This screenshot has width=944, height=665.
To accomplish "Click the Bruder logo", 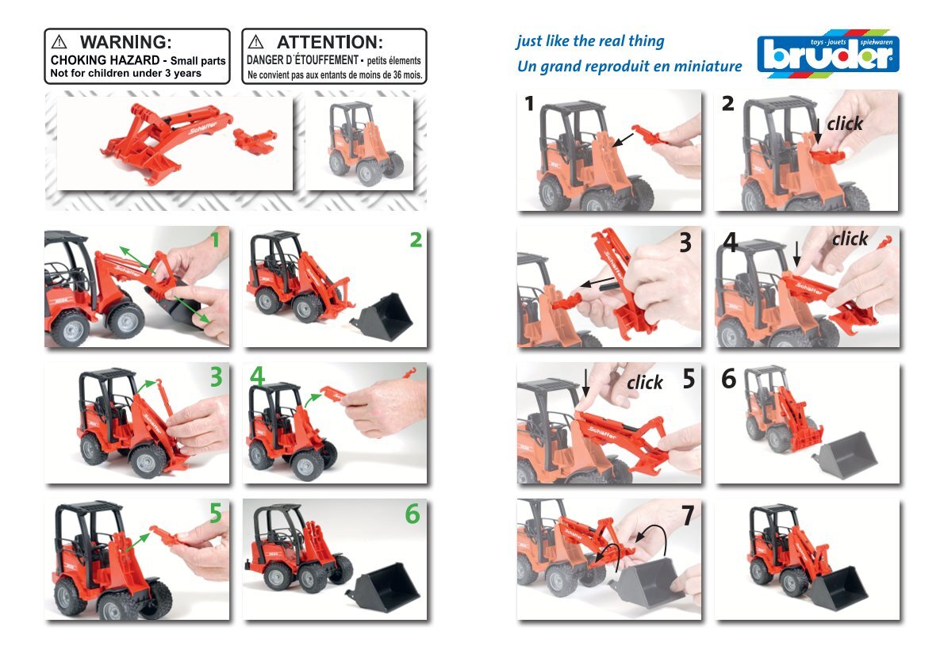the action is click(828, 54).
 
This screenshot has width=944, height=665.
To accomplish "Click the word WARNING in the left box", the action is click(125, 42).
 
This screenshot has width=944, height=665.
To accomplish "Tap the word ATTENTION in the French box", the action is click(329, 42).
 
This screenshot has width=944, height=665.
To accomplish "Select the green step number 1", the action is click(215, 240).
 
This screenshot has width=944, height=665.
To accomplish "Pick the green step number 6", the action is click(413, 514).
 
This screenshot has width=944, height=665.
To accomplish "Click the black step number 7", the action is click(688, 515).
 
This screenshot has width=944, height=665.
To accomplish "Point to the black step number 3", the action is click(685, 243).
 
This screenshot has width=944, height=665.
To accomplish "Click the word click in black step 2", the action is click(845, 124).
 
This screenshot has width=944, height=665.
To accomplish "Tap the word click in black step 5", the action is click(645, 382).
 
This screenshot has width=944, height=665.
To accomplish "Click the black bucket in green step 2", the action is click(383, 317).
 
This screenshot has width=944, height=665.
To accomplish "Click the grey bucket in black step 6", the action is click(844, 454).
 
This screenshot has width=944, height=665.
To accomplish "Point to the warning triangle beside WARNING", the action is click(59, 42).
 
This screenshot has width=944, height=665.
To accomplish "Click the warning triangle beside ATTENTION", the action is click(256, 41).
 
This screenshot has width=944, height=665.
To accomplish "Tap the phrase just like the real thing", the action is click(590, 41).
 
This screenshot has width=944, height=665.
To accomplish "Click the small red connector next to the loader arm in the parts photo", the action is click(255, 139).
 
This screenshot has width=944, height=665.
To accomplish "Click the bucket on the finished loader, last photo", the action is click(838, 588).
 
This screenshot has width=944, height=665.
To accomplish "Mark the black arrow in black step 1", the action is click(623, 139).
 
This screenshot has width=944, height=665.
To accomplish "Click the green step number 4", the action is click(257, 377).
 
